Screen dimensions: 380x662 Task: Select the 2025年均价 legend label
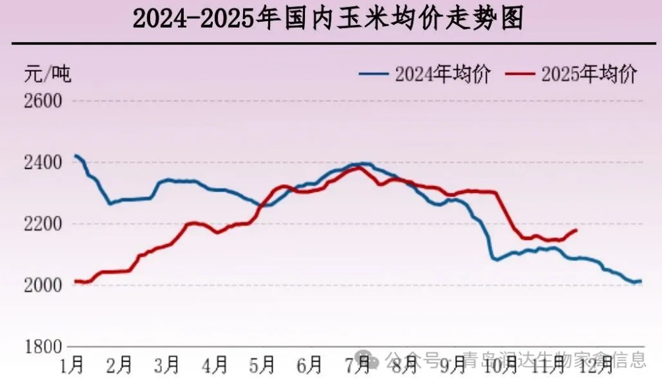point(589,74)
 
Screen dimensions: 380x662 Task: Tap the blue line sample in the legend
point(374,74)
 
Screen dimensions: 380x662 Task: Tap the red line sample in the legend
point(520,74)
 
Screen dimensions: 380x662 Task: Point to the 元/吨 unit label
point(47,74)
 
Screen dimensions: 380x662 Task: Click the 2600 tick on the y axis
point(42,101)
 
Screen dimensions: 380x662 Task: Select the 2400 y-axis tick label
point(42,162)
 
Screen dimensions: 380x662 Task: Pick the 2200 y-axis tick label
point(42,224)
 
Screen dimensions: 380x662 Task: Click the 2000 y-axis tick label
point(42,285)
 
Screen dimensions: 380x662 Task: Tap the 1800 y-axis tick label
point(42,346)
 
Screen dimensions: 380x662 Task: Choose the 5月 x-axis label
point(262,363)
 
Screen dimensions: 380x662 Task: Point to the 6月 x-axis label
point(310,363)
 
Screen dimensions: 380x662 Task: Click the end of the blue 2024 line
point(640,281)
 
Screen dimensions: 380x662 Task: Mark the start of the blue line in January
point(75,156)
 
